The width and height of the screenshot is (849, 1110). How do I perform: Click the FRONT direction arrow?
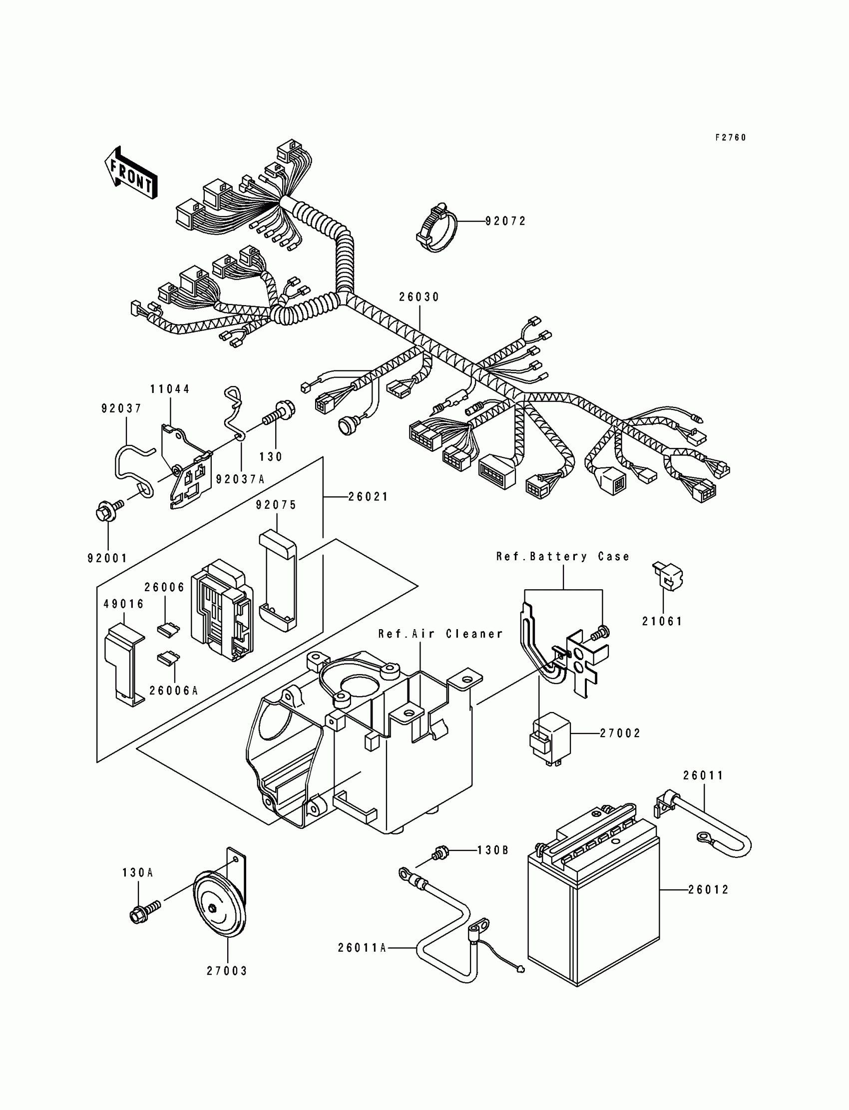(x=131, y=172)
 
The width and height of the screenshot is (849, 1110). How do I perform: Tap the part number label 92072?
(x=505, y=221)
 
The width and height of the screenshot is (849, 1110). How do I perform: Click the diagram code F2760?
(x=730, y=137)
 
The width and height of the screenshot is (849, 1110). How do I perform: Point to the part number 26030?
(x=419, y=297)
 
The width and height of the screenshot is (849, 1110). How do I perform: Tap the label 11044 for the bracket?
(x=170, y=389)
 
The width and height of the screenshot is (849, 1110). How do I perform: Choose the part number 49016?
(x=124, y=604)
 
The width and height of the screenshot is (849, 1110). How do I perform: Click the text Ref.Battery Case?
(x=562, y=557)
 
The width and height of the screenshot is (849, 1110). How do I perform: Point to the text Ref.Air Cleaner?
(x=440, y=634)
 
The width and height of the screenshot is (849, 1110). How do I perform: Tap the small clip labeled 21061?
(x=668, y=577)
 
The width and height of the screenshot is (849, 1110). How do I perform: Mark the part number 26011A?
(x=362, y=948)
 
